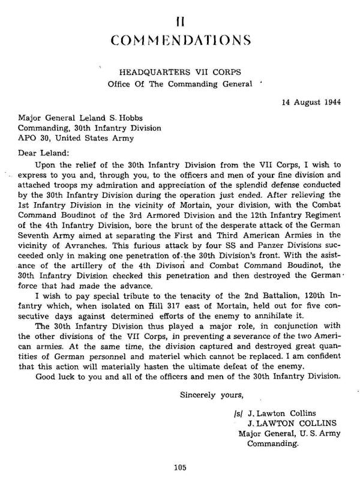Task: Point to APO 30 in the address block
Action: (x=32, y=137)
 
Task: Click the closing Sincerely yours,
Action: (x=206, y=394)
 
